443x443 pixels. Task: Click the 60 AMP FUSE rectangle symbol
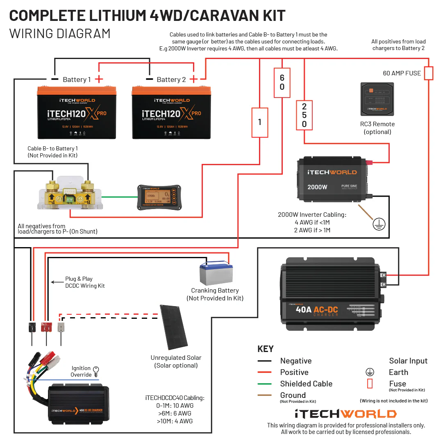428,73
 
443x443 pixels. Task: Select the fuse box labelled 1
259,122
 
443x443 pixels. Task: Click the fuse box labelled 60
282,82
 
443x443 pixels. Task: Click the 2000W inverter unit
332,180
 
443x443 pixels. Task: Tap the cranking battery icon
214,274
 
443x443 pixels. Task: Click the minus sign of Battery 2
150,79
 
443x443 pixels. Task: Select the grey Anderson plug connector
61,327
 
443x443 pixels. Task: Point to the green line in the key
265,384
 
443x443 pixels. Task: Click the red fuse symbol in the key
370,384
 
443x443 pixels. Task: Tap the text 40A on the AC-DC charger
304,309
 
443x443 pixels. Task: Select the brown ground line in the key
265,395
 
